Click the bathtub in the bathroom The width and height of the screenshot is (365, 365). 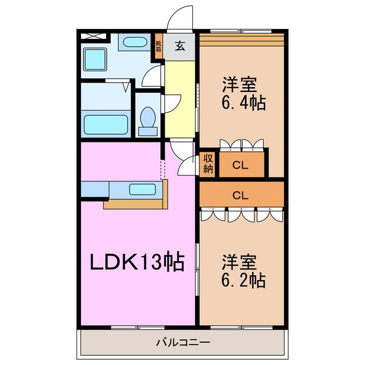[x=105, y=123]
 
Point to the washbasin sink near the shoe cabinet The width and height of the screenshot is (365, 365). [x=135, y=43]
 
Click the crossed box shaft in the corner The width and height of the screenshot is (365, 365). [x=94, y=36]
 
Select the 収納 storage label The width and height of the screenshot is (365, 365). [x=208, y=164]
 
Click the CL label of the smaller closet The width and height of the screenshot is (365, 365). [x=240, y=166]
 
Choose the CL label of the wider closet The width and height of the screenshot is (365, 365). [x=240, y=194]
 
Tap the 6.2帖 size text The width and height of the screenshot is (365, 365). [x=244, y=280]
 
